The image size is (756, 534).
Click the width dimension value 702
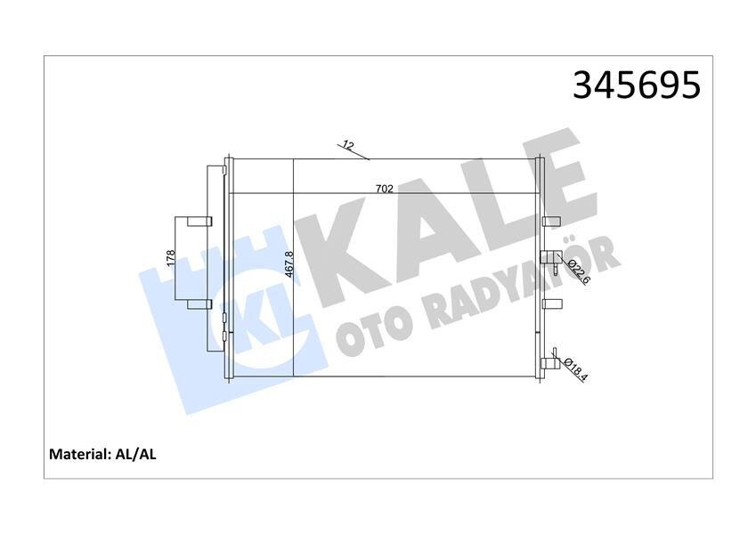coord(385,188)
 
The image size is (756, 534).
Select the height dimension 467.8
coord(289,264)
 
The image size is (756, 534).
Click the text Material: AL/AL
coord(102,454)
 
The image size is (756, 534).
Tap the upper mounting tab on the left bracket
coord(199,222)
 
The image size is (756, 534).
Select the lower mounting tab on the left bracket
coord(199,305)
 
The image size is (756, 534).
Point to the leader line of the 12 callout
coord(356,154)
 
